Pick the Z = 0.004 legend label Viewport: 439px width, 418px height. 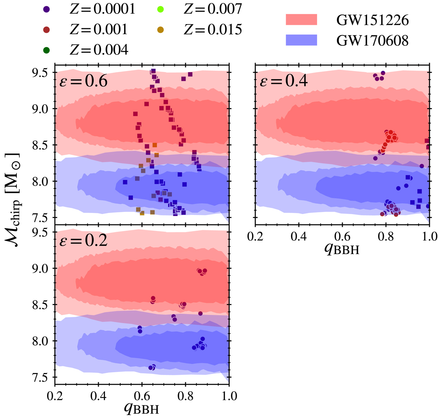[x=99, y=49]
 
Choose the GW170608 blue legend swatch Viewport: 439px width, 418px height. [x=301, y=40]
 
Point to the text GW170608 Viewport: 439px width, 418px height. [x=372, y=41]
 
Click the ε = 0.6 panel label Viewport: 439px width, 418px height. [x=83, y=81]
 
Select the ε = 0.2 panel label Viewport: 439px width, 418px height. [x=83, y=240]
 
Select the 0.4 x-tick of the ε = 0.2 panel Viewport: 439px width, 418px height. [x=98, y=396]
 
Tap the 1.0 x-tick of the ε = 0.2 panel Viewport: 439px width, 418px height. [x=229, y=396]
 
